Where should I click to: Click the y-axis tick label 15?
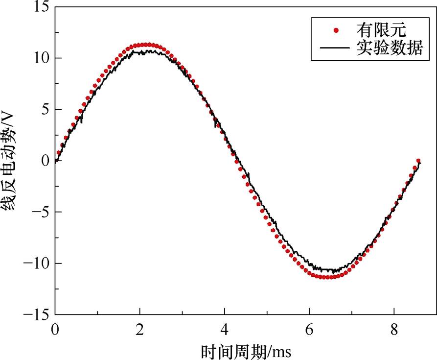39,7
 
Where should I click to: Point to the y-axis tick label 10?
39,58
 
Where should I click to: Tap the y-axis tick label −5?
38,213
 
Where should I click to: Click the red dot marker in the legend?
336,30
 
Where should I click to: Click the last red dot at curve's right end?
418,161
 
